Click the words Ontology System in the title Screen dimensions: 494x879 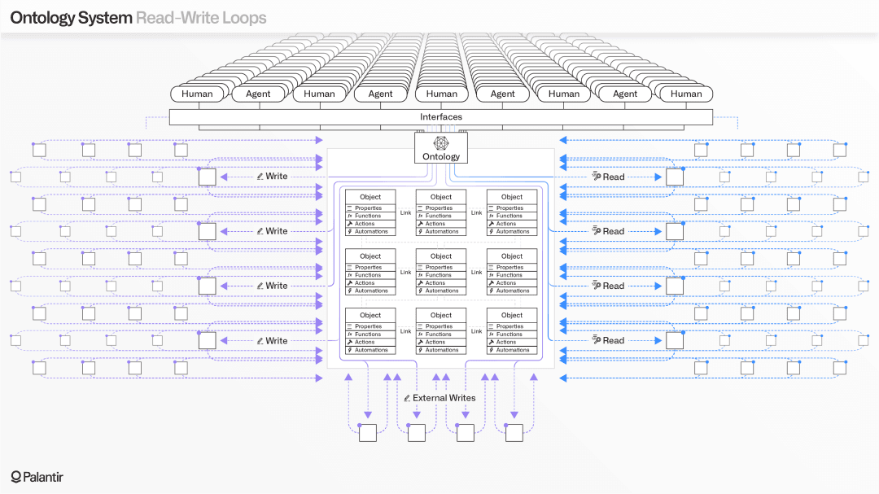(x=71, y=17)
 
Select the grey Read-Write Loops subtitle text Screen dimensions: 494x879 (x=201, y=17)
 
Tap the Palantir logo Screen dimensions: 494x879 (x=37, y=476)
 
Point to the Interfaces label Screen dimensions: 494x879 (x=441, y=117)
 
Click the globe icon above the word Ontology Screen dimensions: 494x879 (x=441, y=143)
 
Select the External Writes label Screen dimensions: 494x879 (x=444, y=398)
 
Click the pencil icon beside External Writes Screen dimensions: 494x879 (x=407, y=398)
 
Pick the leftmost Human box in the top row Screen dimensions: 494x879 (x=197, y=94)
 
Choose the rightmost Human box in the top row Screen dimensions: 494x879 (x=686, y=94)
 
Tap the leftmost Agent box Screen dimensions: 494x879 (x=258, y=94)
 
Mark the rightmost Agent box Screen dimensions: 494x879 (x=625, y=94)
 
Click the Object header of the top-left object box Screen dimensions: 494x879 (x=370, y=197)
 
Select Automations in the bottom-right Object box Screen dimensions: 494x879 (x=513, y=350)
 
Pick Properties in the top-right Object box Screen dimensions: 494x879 (x=509, y=208)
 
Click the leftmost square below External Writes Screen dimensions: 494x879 (x=368, y=433)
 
